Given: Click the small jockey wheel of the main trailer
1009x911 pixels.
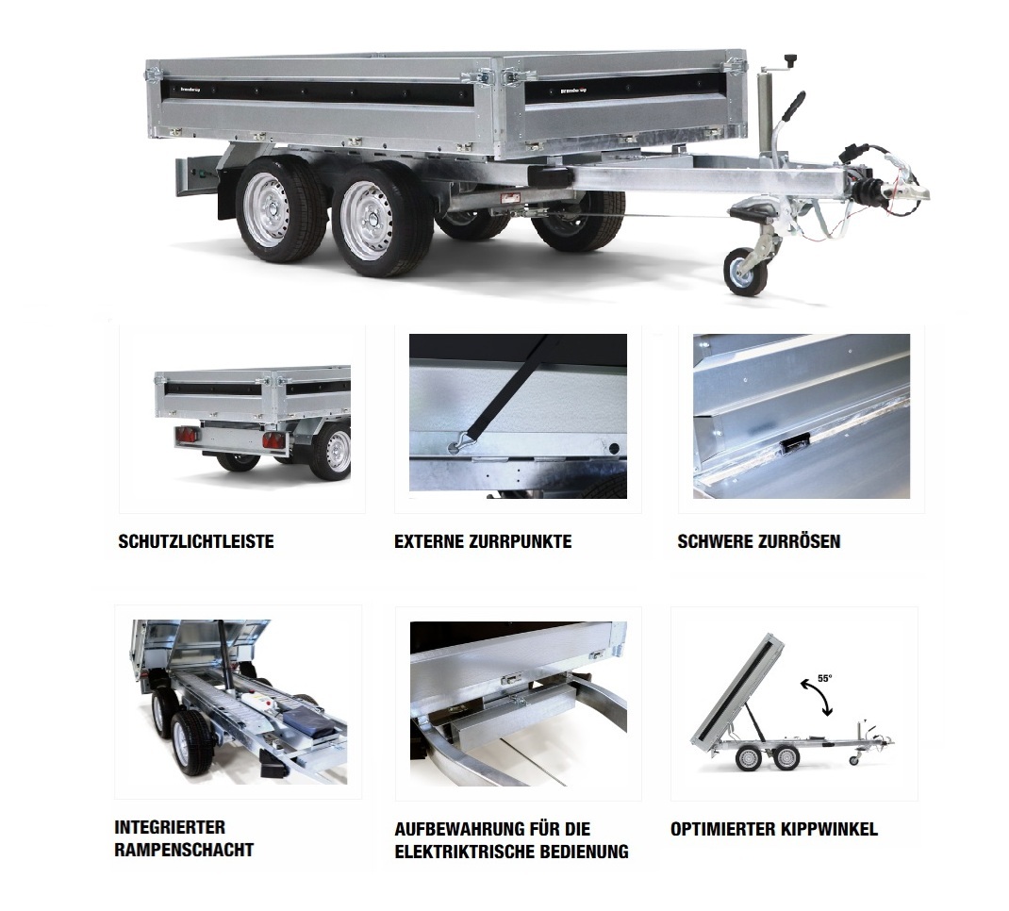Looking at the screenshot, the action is [x=746, y=273].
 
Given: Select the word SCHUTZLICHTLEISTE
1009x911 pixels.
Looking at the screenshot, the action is [x=196, y=541].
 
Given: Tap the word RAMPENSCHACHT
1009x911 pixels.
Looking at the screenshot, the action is [x=184, y=850].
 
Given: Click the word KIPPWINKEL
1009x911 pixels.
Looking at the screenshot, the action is [x=829, y=829].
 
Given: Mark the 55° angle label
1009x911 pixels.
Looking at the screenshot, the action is [x=824, y=678].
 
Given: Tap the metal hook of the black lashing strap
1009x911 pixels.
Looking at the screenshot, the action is [x=455, y=443].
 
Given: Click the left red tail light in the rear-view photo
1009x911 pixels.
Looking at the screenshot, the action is [x=187, y=437].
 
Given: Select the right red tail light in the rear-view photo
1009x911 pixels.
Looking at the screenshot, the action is [x=273, y=440].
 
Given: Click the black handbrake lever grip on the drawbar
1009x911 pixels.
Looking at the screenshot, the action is [x=795, y=105].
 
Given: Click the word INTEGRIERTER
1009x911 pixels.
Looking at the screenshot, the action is [x=170, y=827].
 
